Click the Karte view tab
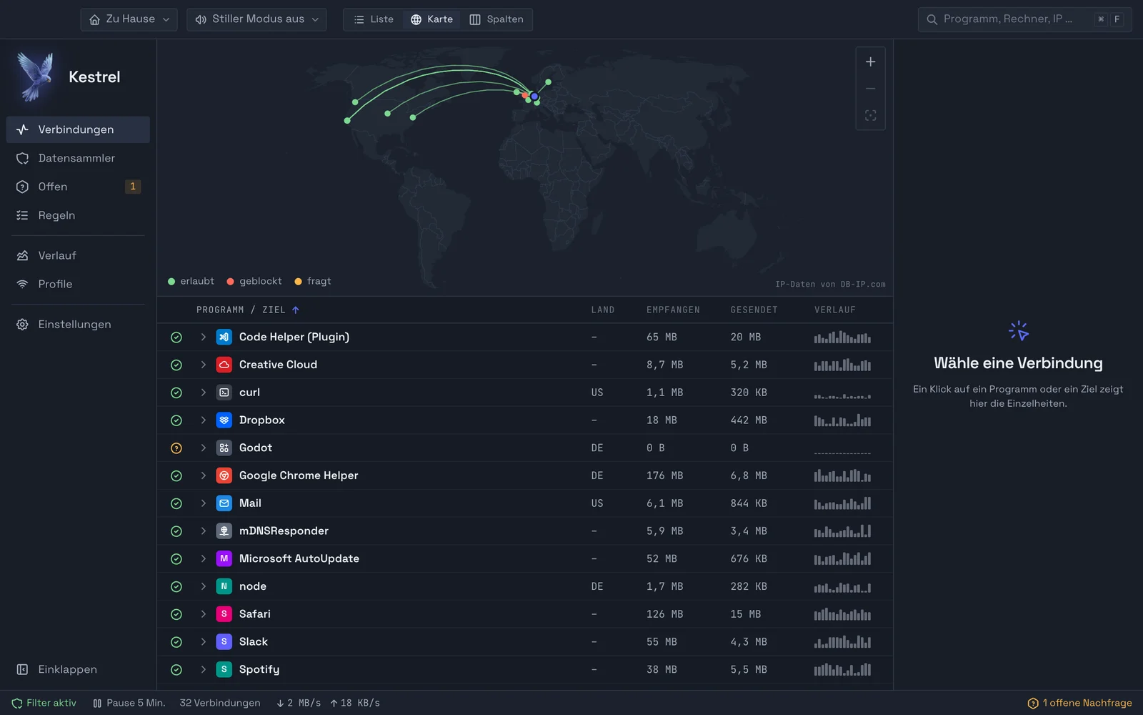point(431,19)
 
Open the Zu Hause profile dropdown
point(129,19)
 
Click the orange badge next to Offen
point(133,187)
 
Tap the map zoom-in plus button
point(871,61)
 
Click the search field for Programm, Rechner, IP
point(1024,19)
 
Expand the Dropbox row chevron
point(203,420)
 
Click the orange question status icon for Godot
point(176,448)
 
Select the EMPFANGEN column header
point(673,310)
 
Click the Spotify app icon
point(224,669)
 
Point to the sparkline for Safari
point(842,614)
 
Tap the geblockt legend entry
point(254,282)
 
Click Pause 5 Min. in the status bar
point(129,703)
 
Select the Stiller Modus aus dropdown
point(256,19)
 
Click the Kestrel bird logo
point(36,77)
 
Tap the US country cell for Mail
point(597,503)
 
